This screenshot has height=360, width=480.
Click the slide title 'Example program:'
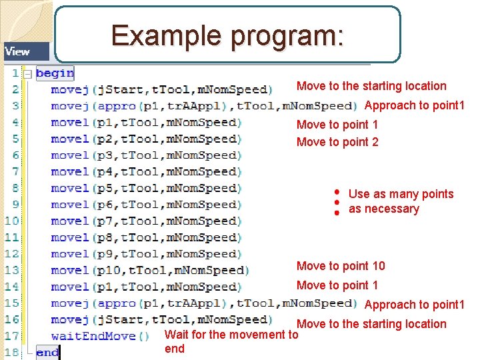point(227,35)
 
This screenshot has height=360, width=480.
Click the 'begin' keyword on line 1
point(55,73)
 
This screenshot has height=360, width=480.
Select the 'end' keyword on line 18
point(47,352)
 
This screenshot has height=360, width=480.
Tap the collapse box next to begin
point(27,73)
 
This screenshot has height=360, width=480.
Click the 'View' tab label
point(17,51)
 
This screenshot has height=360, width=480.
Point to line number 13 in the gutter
point(12,270)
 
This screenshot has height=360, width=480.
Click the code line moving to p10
point(149,270)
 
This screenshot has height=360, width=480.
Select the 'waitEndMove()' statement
point(93,336)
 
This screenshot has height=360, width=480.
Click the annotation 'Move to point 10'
point(341,266)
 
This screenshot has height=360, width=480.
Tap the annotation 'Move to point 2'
point(337,141)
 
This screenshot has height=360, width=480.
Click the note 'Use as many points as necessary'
point(400,201)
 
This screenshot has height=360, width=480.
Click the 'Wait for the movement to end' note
point(231,341)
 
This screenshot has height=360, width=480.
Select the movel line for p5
point(146,188)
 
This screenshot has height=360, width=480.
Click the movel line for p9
point(146,253)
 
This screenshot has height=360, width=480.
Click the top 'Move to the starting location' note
point(371,85)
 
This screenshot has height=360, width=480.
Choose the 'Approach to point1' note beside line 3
point(414,105)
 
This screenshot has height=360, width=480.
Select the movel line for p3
point(146,155)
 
